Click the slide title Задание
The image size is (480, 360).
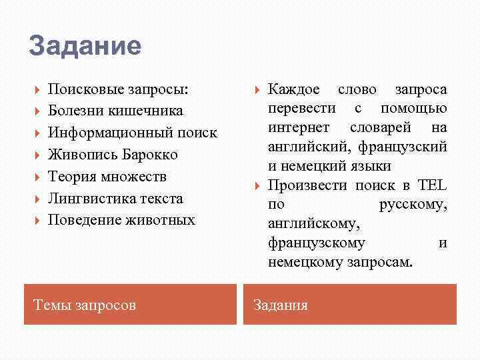coord(85,46)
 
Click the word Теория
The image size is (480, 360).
coord(70,177)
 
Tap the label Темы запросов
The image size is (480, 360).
coord(85,305)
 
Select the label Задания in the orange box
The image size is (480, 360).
coord(281,305)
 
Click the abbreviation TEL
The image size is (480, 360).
coord(432,185)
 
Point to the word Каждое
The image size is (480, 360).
coord(294,89)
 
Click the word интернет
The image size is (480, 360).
coord(294,127)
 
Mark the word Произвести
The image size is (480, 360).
coord(305,185)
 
